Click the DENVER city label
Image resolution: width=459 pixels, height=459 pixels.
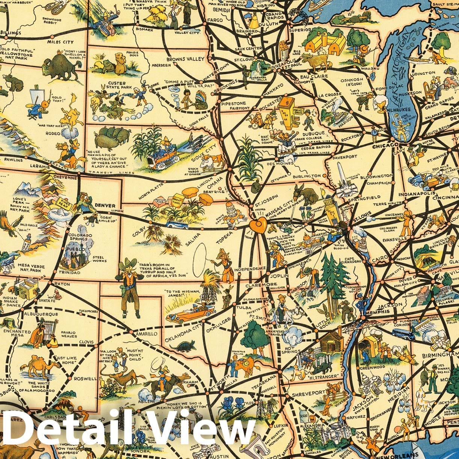coord(105,205)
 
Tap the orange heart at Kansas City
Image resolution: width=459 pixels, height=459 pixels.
coord(258,225)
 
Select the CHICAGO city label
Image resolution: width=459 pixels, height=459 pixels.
coord(387,145)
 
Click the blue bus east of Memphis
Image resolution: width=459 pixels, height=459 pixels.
coord(403,334)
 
